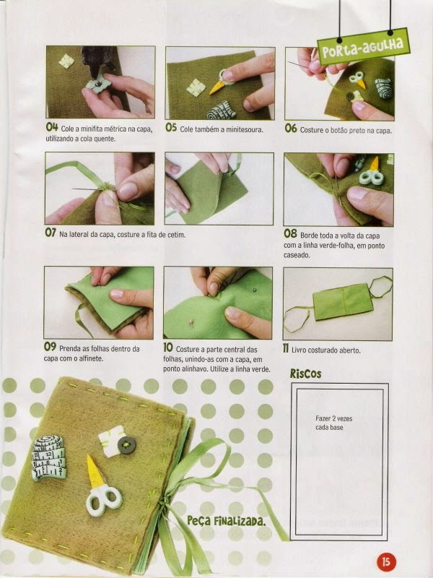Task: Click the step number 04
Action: click(x=52, y=128)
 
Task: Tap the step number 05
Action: click(x=171, y=128)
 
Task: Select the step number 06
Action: click(x=291, y=129)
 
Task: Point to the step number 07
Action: click(x=51, y=232)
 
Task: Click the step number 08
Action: click(x=290, y=233)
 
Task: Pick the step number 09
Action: click(x=50, y=347)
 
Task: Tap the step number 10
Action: click(x=168, y=348)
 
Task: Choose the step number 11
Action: click(x=286, y=348)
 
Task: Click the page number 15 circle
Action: click(x=386, y=562)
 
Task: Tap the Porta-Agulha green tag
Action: click(x=364, y=46)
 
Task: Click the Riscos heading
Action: click(x=305, y=374)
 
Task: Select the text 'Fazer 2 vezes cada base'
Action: click(x=333, y=423)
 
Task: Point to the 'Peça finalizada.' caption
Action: click(x=226, y=521)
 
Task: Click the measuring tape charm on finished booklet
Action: click(x=49, y=458)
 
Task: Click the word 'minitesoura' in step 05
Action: click(x=244, y=129)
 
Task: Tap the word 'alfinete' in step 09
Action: click(x=92, y=358)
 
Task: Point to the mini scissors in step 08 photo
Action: click(x=371, y=173)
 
